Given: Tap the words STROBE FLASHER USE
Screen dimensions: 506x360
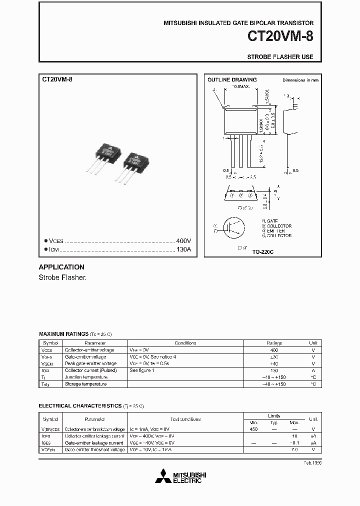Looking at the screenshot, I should click(280, 57).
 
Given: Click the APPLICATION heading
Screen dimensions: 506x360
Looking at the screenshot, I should click(61, 267).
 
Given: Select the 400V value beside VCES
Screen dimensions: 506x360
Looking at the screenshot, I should click(183, 240).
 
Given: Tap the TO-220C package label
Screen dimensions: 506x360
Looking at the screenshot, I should click(262, 252).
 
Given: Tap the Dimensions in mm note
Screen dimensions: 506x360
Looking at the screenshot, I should click(300, 80).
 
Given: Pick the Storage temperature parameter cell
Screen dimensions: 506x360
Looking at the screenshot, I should click(85, 384).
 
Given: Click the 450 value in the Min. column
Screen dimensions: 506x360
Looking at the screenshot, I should click(253, 429).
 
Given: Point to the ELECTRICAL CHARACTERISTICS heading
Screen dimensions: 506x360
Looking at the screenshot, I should click(80, 406).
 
